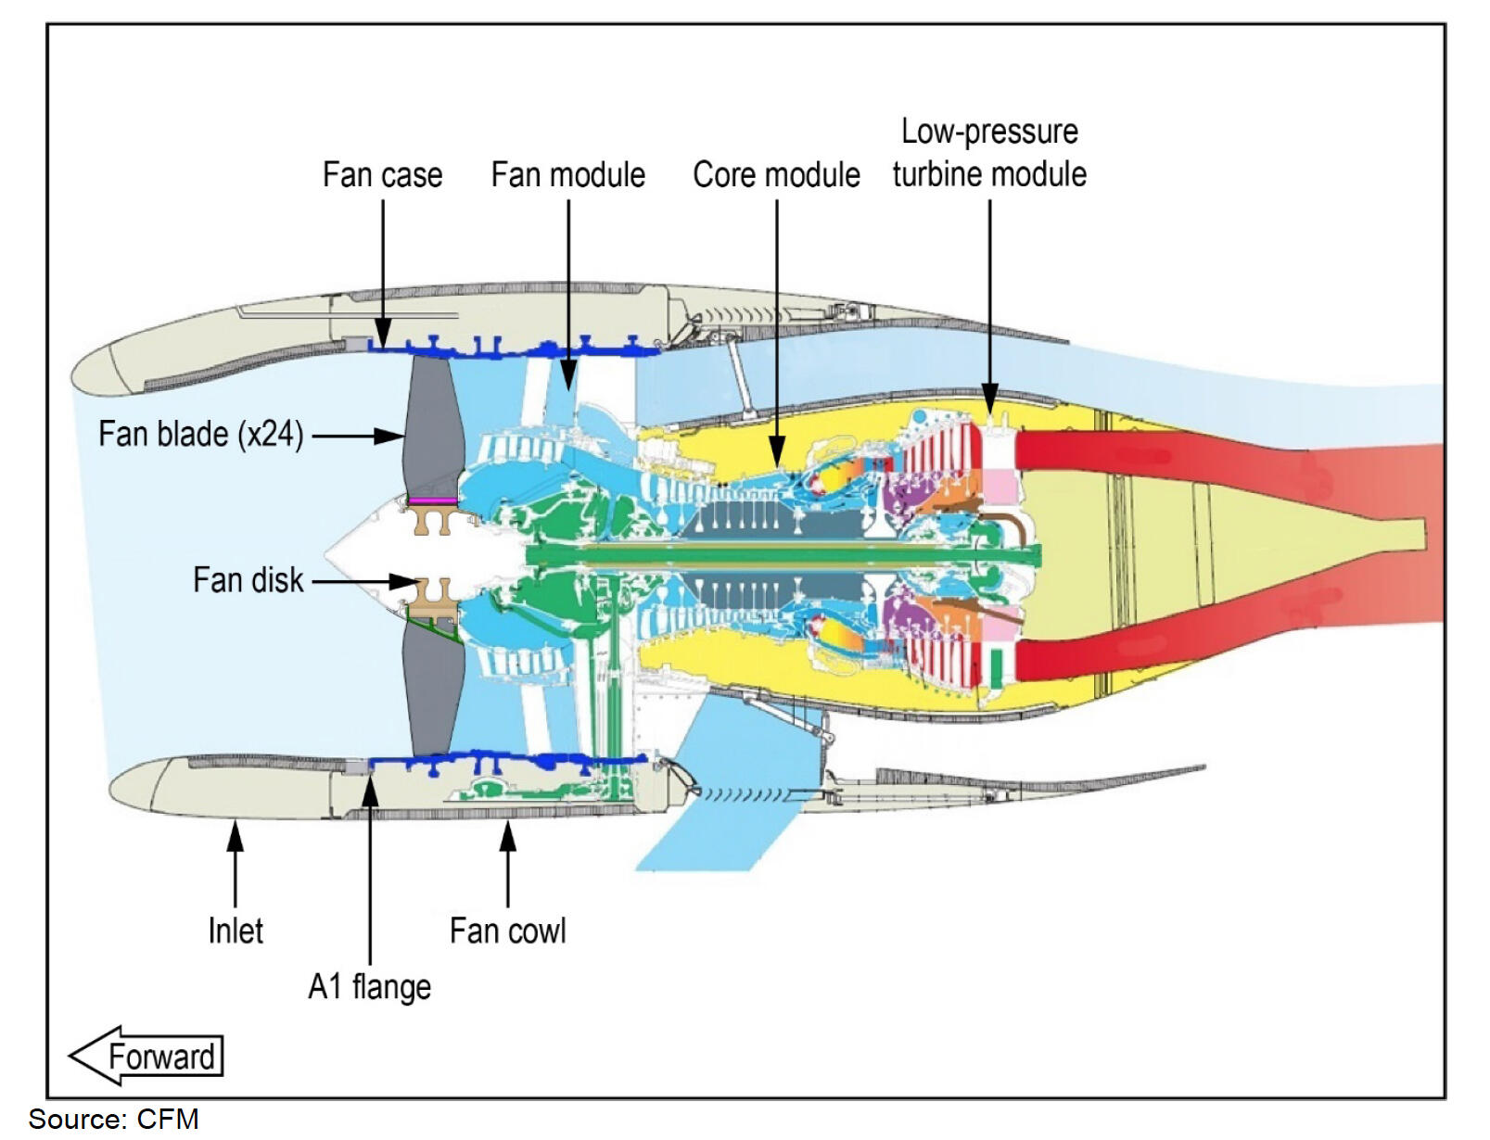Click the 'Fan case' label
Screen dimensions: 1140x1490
click(382, 174)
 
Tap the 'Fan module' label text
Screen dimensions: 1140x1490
click(567, 174)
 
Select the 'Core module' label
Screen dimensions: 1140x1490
click(776, 174)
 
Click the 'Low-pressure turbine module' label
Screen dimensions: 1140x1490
click(989, 153)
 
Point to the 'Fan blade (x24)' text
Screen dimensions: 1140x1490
click(201, 434)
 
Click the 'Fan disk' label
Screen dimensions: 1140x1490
click(248, 580)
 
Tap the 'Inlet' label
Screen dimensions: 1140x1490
click(236, 931)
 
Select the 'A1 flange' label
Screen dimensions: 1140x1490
click(369, 986)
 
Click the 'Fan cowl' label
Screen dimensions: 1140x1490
click(507, 931)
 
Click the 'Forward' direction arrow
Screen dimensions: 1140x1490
click(146, 1056)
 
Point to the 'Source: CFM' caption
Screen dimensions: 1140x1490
click(113, 1120)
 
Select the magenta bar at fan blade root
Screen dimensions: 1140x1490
click(433, 500)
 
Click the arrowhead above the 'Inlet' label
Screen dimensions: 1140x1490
click(236, 835)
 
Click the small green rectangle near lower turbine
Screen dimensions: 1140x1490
click(996, 668)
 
